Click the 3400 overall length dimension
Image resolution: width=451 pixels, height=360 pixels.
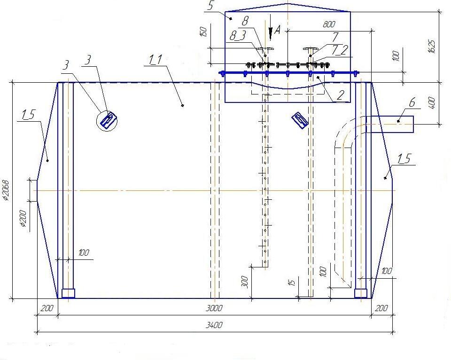pos(214,325)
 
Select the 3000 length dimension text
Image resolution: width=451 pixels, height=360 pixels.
pos(214,308)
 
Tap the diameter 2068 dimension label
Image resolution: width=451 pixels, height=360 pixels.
pos(6,190)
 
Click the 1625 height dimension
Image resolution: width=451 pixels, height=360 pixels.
pos(432,46)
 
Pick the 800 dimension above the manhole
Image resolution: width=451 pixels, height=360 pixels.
pos(329,24)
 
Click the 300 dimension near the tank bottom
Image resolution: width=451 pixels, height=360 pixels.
pos(244,282)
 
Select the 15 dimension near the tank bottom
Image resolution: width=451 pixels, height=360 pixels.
pos(292,282)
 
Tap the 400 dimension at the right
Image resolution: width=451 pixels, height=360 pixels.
pos(432,103)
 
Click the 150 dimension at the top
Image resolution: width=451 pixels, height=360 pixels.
pos(203,31)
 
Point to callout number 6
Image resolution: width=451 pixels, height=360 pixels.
pos(412,102)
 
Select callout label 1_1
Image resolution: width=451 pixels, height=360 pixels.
pos(155,60)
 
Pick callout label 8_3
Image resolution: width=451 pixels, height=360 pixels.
pos(238,36)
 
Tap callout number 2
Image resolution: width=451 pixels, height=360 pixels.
pos(341,94)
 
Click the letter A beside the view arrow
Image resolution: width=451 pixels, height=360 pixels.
pos(277,29)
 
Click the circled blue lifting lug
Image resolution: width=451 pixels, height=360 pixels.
pos(107,121)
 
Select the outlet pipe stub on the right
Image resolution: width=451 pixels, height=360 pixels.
pos(390,124)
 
